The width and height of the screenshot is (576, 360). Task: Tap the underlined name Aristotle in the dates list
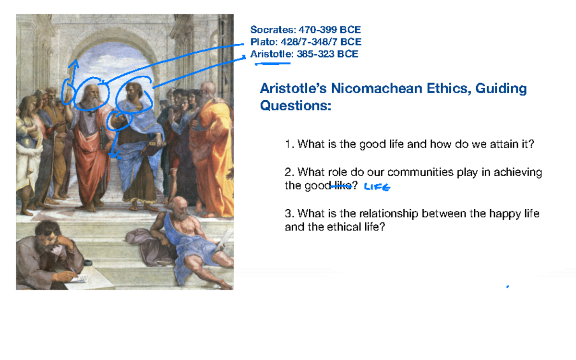coord(271,54)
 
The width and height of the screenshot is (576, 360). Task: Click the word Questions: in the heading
coord(296,106)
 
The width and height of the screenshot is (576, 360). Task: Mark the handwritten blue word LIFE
coord(377,187)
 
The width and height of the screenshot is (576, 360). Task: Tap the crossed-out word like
coord(342,186)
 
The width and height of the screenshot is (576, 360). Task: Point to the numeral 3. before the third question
coord(288,214)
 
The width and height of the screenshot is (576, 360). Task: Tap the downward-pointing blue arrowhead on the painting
coord(114,154)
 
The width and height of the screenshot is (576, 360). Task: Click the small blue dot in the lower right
coord(507,287)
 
